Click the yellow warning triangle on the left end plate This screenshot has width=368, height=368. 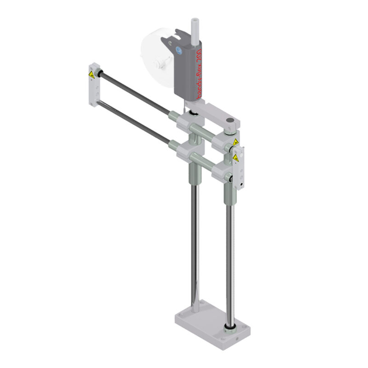click(x=92, y=74)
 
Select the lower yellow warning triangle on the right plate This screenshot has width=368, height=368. click(x=236, y=158)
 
